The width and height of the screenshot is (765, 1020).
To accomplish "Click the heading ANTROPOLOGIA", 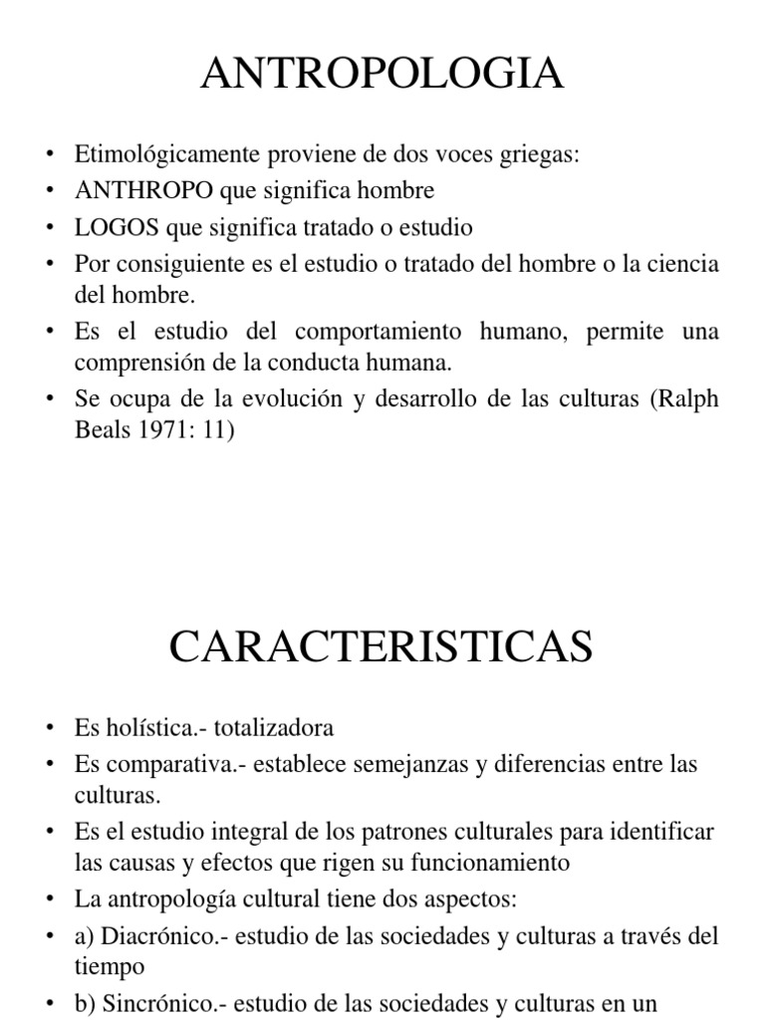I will tap(382, 75).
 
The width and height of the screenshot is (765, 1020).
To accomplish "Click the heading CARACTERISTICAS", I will tap(382, 647).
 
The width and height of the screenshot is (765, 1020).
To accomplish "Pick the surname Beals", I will tap(101, 433).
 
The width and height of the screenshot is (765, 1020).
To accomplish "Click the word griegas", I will tap(543, 154).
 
